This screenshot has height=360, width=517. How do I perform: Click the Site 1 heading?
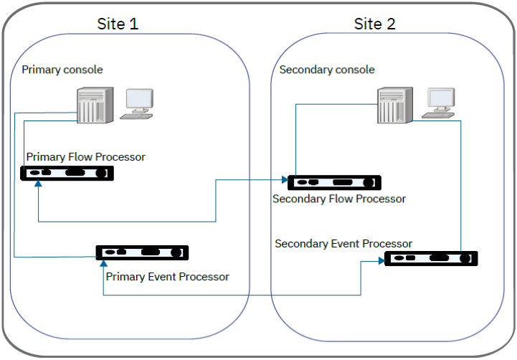click(x=118, y=23)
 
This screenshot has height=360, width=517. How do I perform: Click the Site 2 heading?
click(x=374, y=23)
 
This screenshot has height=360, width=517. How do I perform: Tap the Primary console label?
click(x=62, y=70)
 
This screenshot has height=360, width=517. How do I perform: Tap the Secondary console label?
click(x=326, y=70)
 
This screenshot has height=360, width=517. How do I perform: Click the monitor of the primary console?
click(x=138, y=103)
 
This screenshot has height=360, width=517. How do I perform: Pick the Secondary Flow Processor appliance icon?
click(x=334, y=182)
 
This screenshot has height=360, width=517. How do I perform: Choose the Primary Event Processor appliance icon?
click(x=142, y=252)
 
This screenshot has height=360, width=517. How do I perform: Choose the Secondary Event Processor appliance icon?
click(x=431, y=258)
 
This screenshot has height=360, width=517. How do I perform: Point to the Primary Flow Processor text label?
click(x=85, y=156)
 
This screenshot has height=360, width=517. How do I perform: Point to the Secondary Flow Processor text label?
click(x=339, y=199)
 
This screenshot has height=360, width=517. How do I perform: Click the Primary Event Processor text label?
click(x=167, y=276)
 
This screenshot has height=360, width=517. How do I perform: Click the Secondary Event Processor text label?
click(x=343, y=244)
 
